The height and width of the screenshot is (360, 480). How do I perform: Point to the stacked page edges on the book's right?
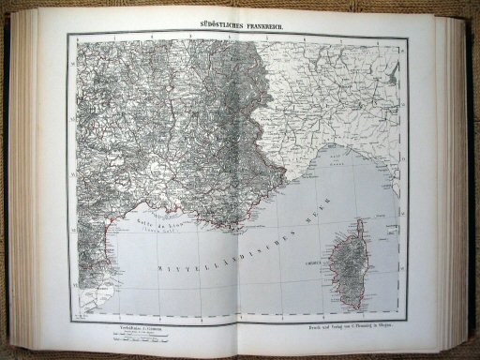[460, 178]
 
